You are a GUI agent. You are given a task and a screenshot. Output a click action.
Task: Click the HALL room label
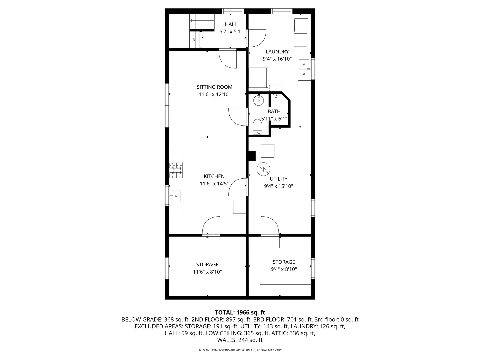[x=231, y=24]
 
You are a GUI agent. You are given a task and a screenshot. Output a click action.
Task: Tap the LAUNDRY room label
[x=277, y=52]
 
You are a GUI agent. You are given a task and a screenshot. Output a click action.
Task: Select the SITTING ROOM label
[x=214, y=87]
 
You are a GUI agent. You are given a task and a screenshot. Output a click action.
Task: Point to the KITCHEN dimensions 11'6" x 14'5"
[x=214, y=184]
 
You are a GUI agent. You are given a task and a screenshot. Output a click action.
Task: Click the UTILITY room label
[x=278, y=179]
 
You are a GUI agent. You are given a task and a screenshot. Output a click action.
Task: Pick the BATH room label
[x=274, y=111]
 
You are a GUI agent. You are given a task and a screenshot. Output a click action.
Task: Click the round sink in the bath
[x=258, y=101]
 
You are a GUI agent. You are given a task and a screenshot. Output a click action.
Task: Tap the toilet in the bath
[x=257, y=127]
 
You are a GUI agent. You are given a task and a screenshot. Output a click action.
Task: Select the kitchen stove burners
[x=176, y=170]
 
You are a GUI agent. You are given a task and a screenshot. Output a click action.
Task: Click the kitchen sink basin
[x=176, y=196]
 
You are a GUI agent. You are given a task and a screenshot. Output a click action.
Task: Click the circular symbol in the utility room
[x=263, y=169]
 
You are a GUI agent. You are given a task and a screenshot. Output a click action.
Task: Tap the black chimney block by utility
[x=252, y=156]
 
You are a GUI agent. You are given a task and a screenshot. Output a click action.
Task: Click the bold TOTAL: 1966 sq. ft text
[x=240, y=312]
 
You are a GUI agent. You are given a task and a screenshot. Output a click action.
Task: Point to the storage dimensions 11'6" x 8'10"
[x=207, y=272]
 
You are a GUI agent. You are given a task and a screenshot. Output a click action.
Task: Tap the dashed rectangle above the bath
[x=276, y=88]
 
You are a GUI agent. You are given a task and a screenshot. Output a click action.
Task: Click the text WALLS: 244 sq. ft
[x=240, y=340]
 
